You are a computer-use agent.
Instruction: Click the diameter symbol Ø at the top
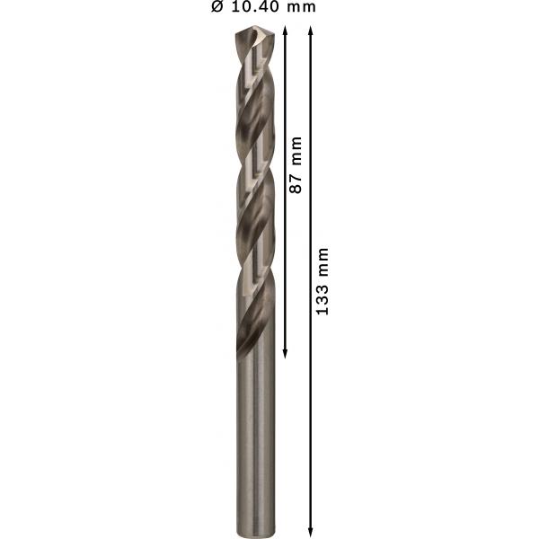pos(217,6)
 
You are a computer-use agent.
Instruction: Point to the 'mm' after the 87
pos(296,151)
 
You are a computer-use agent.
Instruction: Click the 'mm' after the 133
pos(323,262)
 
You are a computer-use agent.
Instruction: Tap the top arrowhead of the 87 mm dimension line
pos(285,31)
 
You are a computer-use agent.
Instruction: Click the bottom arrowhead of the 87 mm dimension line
pos(285,354)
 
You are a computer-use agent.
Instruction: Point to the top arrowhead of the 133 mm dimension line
pos(311,31)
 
